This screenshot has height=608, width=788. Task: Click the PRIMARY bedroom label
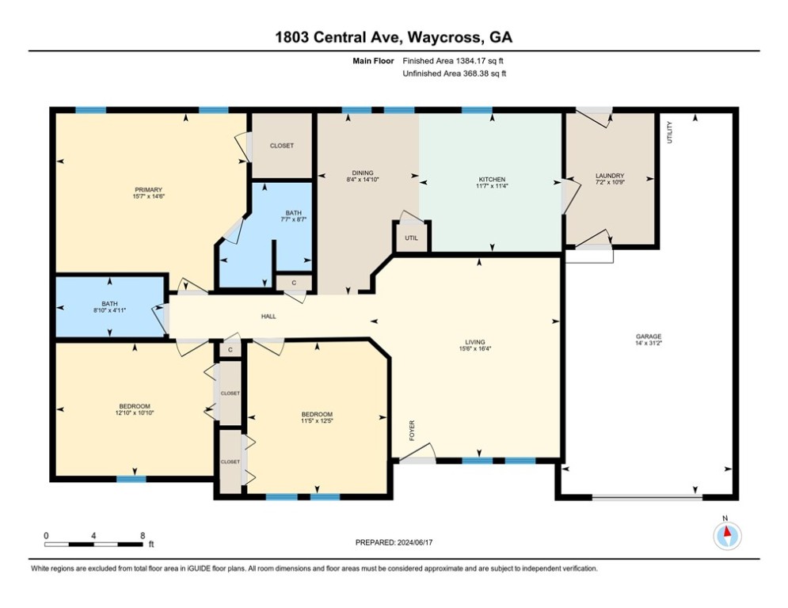click(x=148, y=190)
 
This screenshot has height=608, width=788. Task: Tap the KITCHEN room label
click(x=492, y=180)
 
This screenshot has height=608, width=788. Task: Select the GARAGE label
click(x=649, y=336)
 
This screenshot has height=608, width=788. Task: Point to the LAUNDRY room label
click(x=610, y=176)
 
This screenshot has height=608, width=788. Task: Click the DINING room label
click(x=363, y=173)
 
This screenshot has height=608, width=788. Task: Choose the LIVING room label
click(x=475, y=342)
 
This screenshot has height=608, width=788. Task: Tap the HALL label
click(x=268, y=317)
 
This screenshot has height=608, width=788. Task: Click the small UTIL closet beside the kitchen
click(x=411, y=237)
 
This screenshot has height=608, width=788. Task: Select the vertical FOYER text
click(x=412, y=431)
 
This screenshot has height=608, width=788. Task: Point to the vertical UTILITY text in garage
click(x=669, y=132)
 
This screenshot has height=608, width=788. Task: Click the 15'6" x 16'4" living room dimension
click(x=475, y=348)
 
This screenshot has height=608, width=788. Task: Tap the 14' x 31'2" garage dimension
click(x=649, y=344)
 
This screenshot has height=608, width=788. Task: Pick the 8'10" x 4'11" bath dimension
click(x=109, y=310)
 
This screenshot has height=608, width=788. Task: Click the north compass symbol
click(x=727, y=536)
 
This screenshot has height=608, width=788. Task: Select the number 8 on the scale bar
click(x=143, y=536)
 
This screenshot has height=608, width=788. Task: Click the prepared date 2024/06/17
click(x=415, y=542)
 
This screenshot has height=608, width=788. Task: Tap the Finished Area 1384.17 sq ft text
click(x=453, y=61)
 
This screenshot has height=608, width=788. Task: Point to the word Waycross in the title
click(x=444, y=38)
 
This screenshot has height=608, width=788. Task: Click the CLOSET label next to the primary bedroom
click(x=281, y=146)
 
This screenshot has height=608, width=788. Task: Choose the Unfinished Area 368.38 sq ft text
click(x=455, y=74)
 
